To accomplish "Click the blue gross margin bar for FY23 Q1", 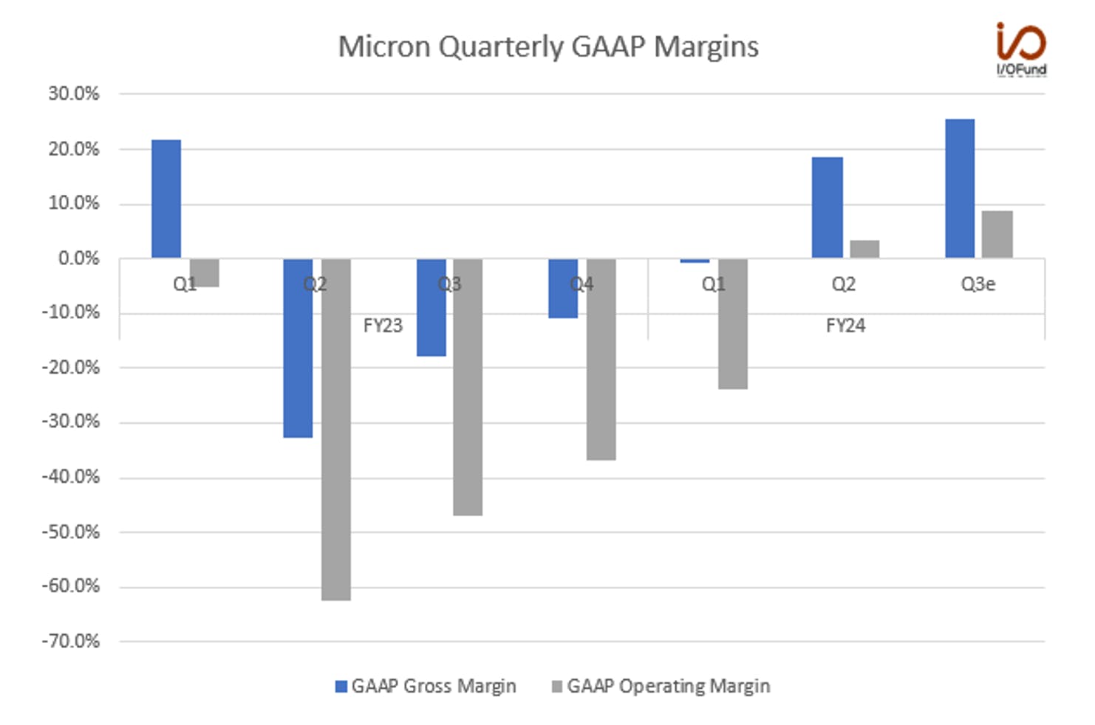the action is click(x=166, y=199).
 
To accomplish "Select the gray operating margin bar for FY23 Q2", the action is click(x=336, y=430).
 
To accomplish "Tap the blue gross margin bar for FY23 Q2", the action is click(x=299, y=348).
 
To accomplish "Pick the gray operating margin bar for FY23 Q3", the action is click(x=468, y=387).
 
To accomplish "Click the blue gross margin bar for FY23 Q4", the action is click(x=563, y=288).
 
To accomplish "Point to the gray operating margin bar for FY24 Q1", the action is click(x=733, y=324).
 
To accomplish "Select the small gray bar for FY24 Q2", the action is click(x=864, y=249).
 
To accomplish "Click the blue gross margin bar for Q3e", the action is click(x=960, y=188).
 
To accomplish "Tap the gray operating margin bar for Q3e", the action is click(x=997, y=235).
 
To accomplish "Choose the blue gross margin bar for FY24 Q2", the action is click(x=828, y=207).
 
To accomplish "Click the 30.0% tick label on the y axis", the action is click(x=74, y=93).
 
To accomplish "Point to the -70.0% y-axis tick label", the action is click(x=71, y=641).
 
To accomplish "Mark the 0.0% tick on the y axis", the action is click(x=79, y=258).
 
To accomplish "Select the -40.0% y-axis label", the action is click(x=71, y=477).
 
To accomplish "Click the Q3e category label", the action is click(x=978, y=284).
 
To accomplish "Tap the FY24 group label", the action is click(x=846, y=326).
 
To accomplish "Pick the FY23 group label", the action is click(x=383, y=326).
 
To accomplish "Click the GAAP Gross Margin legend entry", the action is click(x=426, y=687).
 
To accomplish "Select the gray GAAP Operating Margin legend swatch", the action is click(x=557, y=687).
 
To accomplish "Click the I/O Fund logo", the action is click(x=1022, y=49).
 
